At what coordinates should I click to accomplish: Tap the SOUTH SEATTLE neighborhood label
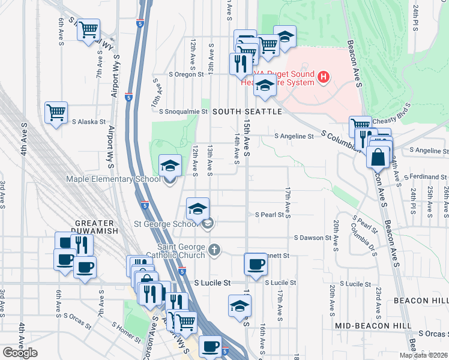(x=247, y=112)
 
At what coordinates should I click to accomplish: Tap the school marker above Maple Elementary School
(x=170, y=165)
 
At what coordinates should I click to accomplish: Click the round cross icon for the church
(x=214, y=249)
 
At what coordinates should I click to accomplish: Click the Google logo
(x=20, y=353)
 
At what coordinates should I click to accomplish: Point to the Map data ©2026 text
(x=423, y=355)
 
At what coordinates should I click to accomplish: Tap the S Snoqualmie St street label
(x=179, y=111)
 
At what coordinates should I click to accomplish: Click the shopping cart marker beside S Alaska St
(x=56, y=112)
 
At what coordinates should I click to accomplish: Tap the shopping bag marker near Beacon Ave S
(x=379, y=159)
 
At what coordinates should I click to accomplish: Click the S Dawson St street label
(x=312, y=238)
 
